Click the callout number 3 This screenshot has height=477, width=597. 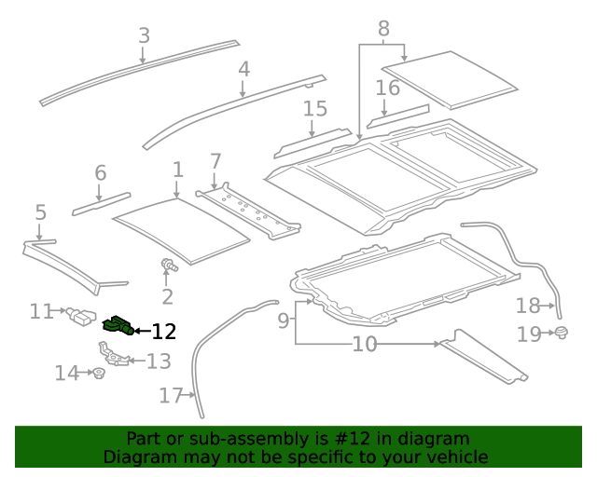click(x=144, y=35)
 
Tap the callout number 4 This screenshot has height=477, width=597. click(x=243, y=69)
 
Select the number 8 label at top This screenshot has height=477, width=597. click(x=382, y=28)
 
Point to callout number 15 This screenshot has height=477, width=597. click(x=315, y=109)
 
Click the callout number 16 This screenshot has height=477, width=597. click(x=387, y=89)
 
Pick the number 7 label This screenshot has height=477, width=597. click(x=215, y=160)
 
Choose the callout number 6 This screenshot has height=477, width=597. click(x=100, y=172)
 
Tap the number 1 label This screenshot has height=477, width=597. click(x=177, y=170)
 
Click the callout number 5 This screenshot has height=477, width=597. click(x=40, y=212)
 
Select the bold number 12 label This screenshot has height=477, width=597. click(x=163, y=331)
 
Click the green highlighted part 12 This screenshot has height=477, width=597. click(x=117, y=325)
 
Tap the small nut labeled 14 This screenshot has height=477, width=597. click(x=97, y=374)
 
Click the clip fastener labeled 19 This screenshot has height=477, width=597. click(x=561, y=333)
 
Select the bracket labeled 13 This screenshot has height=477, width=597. click(x=114, y=353)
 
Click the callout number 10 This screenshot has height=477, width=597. click(x=365, y=345)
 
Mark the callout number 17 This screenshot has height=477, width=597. click(x=170, y=396)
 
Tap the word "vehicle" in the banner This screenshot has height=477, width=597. click(x=455, y=457)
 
